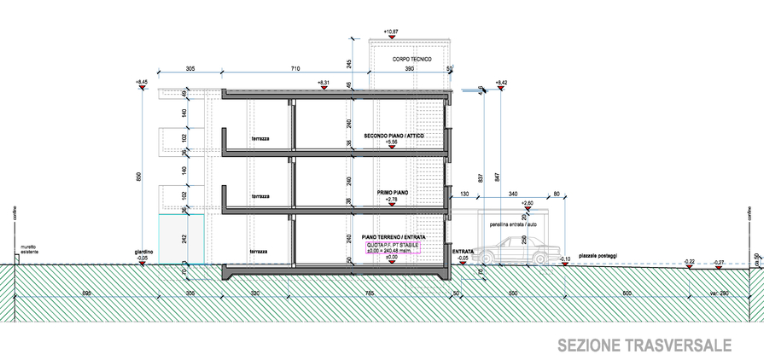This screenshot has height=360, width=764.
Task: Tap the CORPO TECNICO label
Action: point(412,59)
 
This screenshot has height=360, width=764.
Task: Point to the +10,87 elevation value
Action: point(392,32)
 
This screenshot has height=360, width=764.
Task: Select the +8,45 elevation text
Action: point(142,82)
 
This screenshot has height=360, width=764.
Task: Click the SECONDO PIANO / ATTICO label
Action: point(394,136)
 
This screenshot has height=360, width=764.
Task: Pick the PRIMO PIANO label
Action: point(393,193)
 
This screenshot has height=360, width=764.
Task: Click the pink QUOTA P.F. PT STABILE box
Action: point(394,247)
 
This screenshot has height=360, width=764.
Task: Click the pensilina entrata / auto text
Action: point(514,224)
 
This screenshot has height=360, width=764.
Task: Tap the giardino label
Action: point(143,252)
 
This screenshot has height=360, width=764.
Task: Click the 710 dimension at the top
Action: point(295,67)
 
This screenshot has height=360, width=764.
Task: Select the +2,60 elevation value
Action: point(527,203)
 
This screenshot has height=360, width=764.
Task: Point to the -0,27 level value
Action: point(719,262)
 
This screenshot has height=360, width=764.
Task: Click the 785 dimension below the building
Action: point(369,293)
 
